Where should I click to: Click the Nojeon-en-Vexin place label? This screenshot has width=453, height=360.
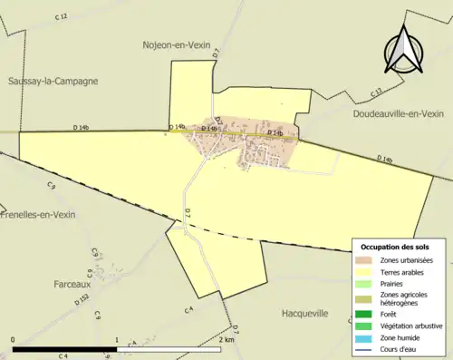177,44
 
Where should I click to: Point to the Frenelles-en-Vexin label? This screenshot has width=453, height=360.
38,215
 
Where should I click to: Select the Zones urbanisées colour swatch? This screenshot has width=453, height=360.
366,258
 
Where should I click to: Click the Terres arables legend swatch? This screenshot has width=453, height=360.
366,271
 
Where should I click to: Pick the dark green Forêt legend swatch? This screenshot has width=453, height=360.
366,314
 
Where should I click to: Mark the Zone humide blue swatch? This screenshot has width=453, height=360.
366,338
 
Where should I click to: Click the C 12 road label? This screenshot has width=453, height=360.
61,16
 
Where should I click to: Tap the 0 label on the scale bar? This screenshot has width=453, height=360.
14,340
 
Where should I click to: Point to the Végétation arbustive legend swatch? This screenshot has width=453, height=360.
366,326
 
